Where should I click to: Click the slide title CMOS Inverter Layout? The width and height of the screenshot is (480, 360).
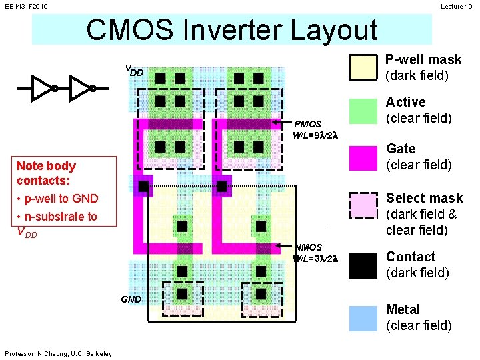tap(231, 29)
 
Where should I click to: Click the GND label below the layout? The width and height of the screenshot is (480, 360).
tap(131, 299)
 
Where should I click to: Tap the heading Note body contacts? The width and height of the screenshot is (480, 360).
tap(46, 173)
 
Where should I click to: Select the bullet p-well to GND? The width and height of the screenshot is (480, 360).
tap(57, 198)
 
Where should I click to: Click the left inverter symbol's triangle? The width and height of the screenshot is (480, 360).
tap(43, 87)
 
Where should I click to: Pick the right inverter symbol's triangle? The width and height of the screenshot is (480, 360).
tap(81, 87)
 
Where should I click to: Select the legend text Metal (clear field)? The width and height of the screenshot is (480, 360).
tap(418, 317)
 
